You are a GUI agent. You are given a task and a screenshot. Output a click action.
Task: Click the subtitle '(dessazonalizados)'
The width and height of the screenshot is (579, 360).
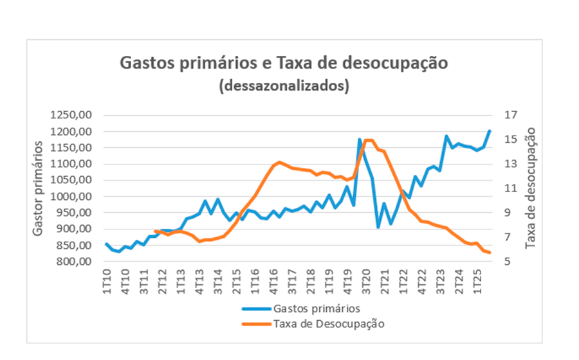284,86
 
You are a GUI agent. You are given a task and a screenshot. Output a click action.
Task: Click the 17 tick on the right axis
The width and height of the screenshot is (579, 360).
511,115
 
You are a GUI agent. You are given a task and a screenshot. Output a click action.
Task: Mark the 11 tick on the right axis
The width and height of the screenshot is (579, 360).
511,188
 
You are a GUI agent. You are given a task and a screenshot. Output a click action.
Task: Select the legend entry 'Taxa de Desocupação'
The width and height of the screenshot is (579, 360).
328,323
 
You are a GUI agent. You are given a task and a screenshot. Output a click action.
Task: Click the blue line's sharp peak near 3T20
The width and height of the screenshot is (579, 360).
360,139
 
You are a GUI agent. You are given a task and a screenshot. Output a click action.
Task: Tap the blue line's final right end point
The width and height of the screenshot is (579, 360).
490,131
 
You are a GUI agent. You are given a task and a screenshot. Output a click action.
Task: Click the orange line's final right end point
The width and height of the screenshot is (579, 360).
490,253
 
